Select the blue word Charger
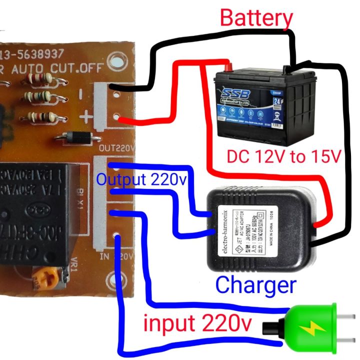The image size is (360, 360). tap(255, 285)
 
